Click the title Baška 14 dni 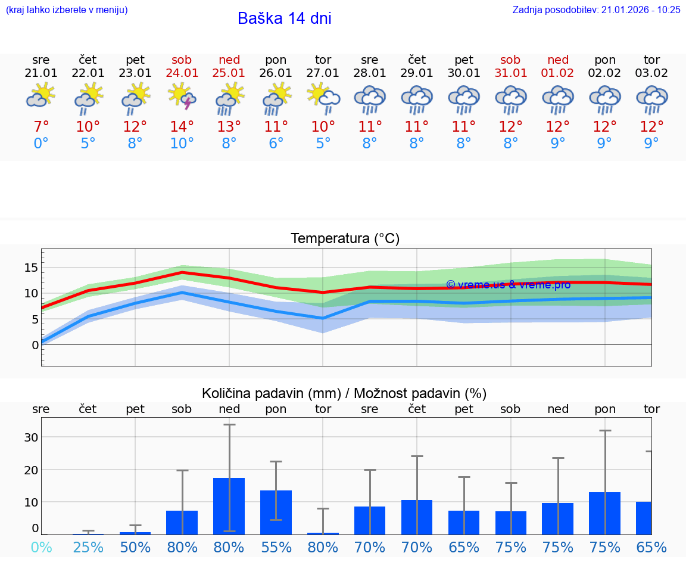[284, 18]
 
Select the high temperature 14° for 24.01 [182, 126]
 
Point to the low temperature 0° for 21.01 [40, 143]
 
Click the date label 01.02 [558, 73]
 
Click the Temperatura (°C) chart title [345, 238]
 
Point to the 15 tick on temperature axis [31, 268]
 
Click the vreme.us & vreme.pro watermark [508, 284]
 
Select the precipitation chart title [344, 393]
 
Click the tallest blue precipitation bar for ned [229, 505]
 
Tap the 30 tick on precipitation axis [31, 437]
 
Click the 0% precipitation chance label [40, 547]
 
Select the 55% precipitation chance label [276, 547]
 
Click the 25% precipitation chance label [88, 547]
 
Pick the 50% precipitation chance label [135, 547]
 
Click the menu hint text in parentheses [67, 10]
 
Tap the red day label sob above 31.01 [510, 60]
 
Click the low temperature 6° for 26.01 [276, 143]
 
